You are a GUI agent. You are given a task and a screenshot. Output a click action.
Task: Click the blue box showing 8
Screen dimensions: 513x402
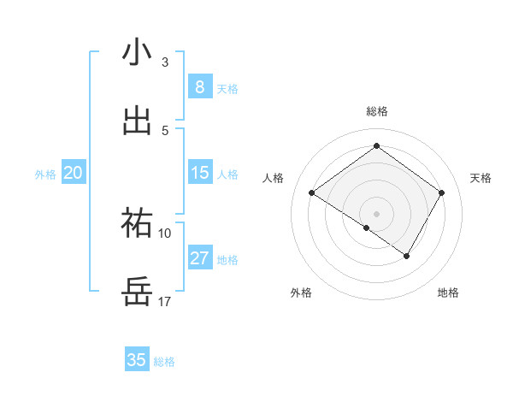coord(199,86)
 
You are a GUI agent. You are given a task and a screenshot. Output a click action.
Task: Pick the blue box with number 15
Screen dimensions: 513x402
coord(199,173)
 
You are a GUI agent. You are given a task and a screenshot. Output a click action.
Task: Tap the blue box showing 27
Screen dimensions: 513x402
coord(199,258)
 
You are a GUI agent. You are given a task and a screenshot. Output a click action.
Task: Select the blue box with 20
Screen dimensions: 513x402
coord(73,173)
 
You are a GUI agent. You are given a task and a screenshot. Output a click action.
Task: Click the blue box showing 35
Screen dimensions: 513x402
coord(137,360)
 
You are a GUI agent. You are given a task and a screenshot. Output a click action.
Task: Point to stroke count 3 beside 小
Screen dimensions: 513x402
coord(165,62)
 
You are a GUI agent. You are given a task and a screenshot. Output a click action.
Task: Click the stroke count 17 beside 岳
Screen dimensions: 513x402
coord(165,302)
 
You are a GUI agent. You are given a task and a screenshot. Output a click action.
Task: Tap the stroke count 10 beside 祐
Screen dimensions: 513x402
coord(165,233)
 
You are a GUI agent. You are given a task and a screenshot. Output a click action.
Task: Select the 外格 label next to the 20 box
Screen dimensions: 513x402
coord(45,174)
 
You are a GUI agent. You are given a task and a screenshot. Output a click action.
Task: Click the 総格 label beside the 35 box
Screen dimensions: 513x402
coord(164,362)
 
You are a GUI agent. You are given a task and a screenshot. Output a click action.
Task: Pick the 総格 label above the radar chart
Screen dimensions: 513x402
coord(377,111)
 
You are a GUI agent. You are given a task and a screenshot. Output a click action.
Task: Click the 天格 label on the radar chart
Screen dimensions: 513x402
coord(481,178)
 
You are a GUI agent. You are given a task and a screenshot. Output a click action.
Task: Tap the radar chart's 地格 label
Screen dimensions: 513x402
coord(448,293)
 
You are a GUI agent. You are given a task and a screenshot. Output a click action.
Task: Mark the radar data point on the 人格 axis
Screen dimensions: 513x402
coord(312,193)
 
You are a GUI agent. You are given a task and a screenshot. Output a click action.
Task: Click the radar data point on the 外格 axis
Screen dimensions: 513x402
coord(367,228)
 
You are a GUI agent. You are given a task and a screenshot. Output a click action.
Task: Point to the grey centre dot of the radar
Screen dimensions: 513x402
coord(376,213)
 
